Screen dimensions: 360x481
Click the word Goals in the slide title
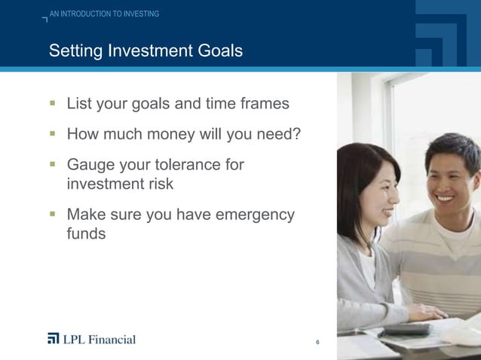coord(214,51)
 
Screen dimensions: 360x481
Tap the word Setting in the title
coord(75,51)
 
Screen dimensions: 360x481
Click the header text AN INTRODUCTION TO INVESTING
coord(105,14)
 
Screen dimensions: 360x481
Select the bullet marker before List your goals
coord(53,103)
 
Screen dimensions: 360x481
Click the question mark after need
coord(297,134)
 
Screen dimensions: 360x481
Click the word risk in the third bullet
coord(158,184)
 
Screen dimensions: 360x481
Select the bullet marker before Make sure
coord(53,215)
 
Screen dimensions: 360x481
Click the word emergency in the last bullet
coord(255,215)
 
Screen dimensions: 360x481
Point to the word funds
coord(86,234)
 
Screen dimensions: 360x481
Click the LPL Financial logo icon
coord(53,339)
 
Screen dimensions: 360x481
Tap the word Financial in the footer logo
coord(109,339)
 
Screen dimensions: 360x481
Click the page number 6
coord(318,343)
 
